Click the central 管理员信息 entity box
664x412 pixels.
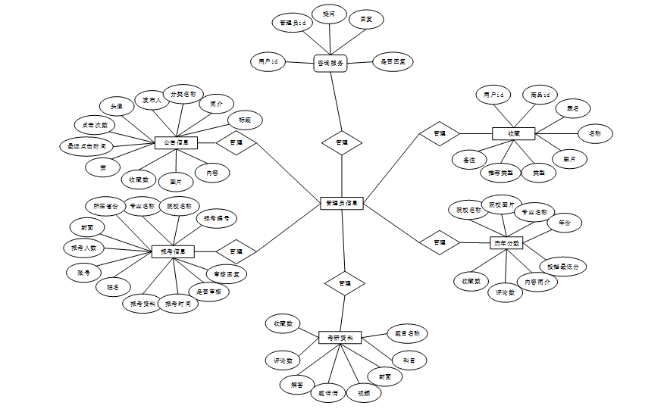[x=343, y=203]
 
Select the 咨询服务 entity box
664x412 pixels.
[x=330, y=63]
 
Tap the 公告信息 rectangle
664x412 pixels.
[x=176, y=142]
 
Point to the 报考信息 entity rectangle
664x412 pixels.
[x=174, y=251]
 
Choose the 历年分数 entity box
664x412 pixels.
[x=506, y=243]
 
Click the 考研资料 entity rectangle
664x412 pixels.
[x=340, y=338]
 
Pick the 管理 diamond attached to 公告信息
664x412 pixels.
[x=236, y=142]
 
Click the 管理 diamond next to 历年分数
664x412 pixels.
[x=440, y=242]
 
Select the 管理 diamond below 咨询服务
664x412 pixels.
[x=342, y=142]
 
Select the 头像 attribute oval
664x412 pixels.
[x=117, y=106]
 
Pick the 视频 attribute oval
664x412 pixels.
[x=364, y=393]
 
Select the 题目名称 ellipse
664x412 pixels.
[x=407, y=333]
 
